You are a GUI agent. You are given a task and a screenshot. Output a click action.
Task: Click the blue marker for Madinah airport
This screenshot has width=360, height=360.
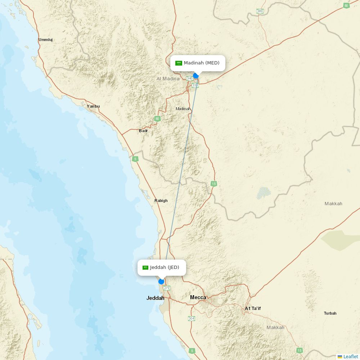pyautogui.click(x=196, y=76)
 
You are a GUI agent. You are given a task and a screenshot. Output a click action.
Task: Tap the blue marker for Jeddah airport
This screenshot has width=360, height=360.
pyautogui.click(x=161, y=282)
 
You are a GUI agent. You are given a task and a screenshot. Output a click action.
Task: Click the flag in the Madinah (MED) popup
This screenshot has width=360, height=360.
pyautogui.click(x=179, y=63)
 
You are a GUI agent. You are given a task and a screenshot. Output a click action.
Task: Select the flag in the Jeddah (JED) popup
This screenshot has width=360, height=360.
pyautogui.click(x=145, y=267)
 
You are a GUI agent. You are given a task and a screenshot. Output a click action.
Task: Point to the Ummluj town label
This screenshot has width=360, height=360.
pyautogui.click(x=46, y=40)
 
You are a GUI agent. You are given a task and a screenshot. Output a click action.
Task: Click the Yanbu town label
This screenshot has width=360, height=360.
pyautogui.click(x=93, y=106)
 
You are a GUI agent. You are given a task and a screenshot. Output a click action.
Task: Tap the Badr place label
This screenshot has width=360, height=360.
pyautogui.click(x=143, y=131)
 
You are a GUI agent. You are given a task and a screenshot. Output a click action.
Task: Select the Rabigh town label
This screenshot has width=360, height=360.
pyautogui.click(x=161, y=201)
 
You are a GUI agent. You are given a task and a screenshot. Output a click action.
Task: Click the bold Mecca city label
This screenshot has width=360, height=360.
pyautogui.click(x=198, y=297)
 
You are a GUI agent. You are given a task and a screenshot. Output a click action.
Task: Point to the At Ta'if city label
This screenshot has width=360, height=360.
pyautogui.click(x=253, y=309)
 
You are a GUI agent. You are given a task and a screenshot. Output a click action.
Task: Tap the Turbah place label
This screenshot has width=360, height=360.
pyautogui.click(x=330, y=313)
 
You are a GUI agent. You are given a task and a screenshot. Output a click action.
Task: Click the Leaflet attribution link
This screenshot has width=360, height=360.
pyautogui.click(x=350, y=356)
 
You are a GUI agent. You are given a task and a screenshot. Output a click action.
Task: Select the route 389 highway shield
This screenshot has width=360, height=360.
pyautogui.click(x=260, y=11)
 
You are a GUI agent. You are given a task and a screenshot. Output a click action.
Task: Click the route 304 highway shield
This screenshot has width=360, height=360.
pyautogui.click(x=192, y=319)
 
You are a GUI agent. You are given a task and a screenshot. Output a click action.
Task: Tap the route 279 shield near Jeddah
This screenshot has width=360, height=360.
pyautogui.click(x=167, y=288)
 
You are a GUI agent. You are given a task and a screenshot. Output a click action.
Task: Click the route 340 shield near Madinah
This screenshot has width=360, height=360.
pyautogui.click(x=190, y=78)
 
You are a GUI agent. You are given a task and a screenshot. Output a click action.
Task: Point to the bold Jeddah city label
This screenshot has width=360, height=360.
pyautogui.click(x=155, y=298)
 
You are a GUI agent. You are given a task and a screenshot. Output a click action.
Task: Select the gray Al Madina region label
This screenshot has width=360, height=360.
pyautogui.click(x=168, y=78)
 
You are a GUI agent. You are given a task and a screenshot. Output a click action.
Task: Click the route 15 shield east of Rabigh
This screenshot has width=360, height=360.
pyautogui.click(x=214, y=184)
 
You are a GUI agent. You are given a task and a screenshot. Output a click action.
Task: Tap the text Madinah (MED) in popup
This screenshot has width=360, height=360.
pyautogui.click(x=202, y=63)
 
